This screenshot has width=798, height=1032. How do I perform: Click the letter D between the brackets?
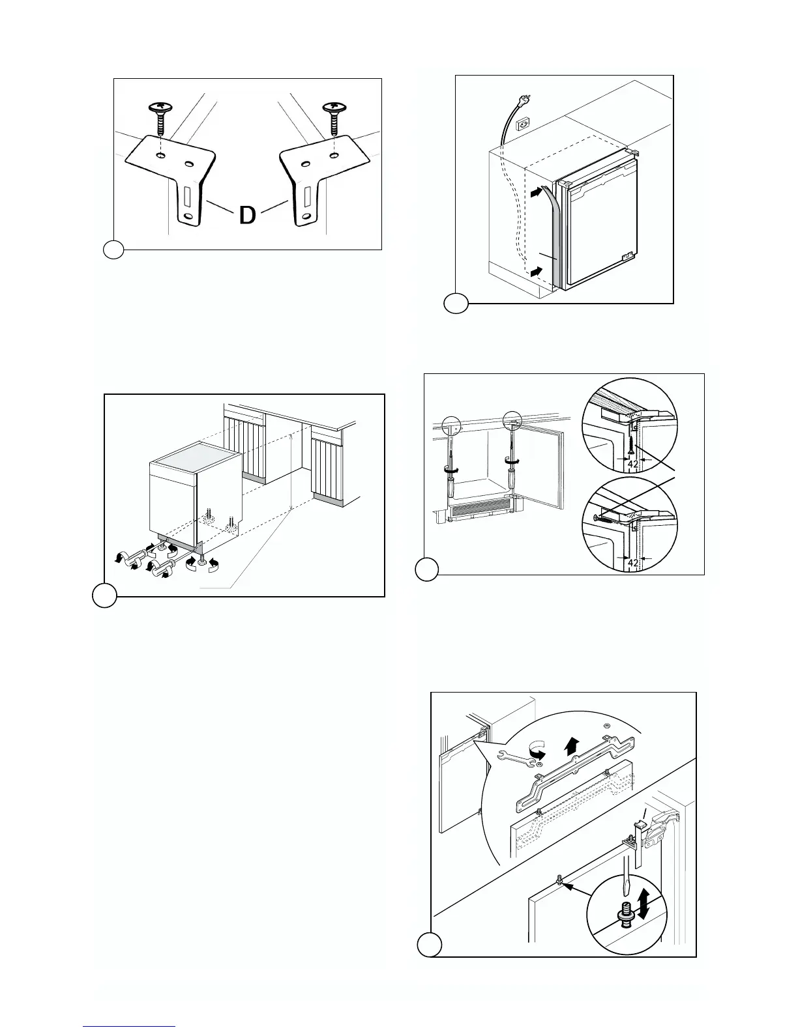click(247, 216)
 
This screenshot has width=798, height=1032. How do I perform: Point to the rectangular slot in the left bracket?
click(187, 195)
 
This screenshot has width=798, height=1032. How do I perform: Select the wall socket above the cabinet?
click(522, 123)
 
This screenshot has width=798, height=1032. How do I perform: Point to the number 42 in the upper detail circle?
click(632, 465)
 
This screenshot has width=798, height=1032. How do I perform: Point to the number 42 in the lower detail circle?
click(632, 562)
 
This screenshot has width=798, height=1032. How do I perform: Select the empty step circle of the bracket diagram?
click(113, 250)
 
